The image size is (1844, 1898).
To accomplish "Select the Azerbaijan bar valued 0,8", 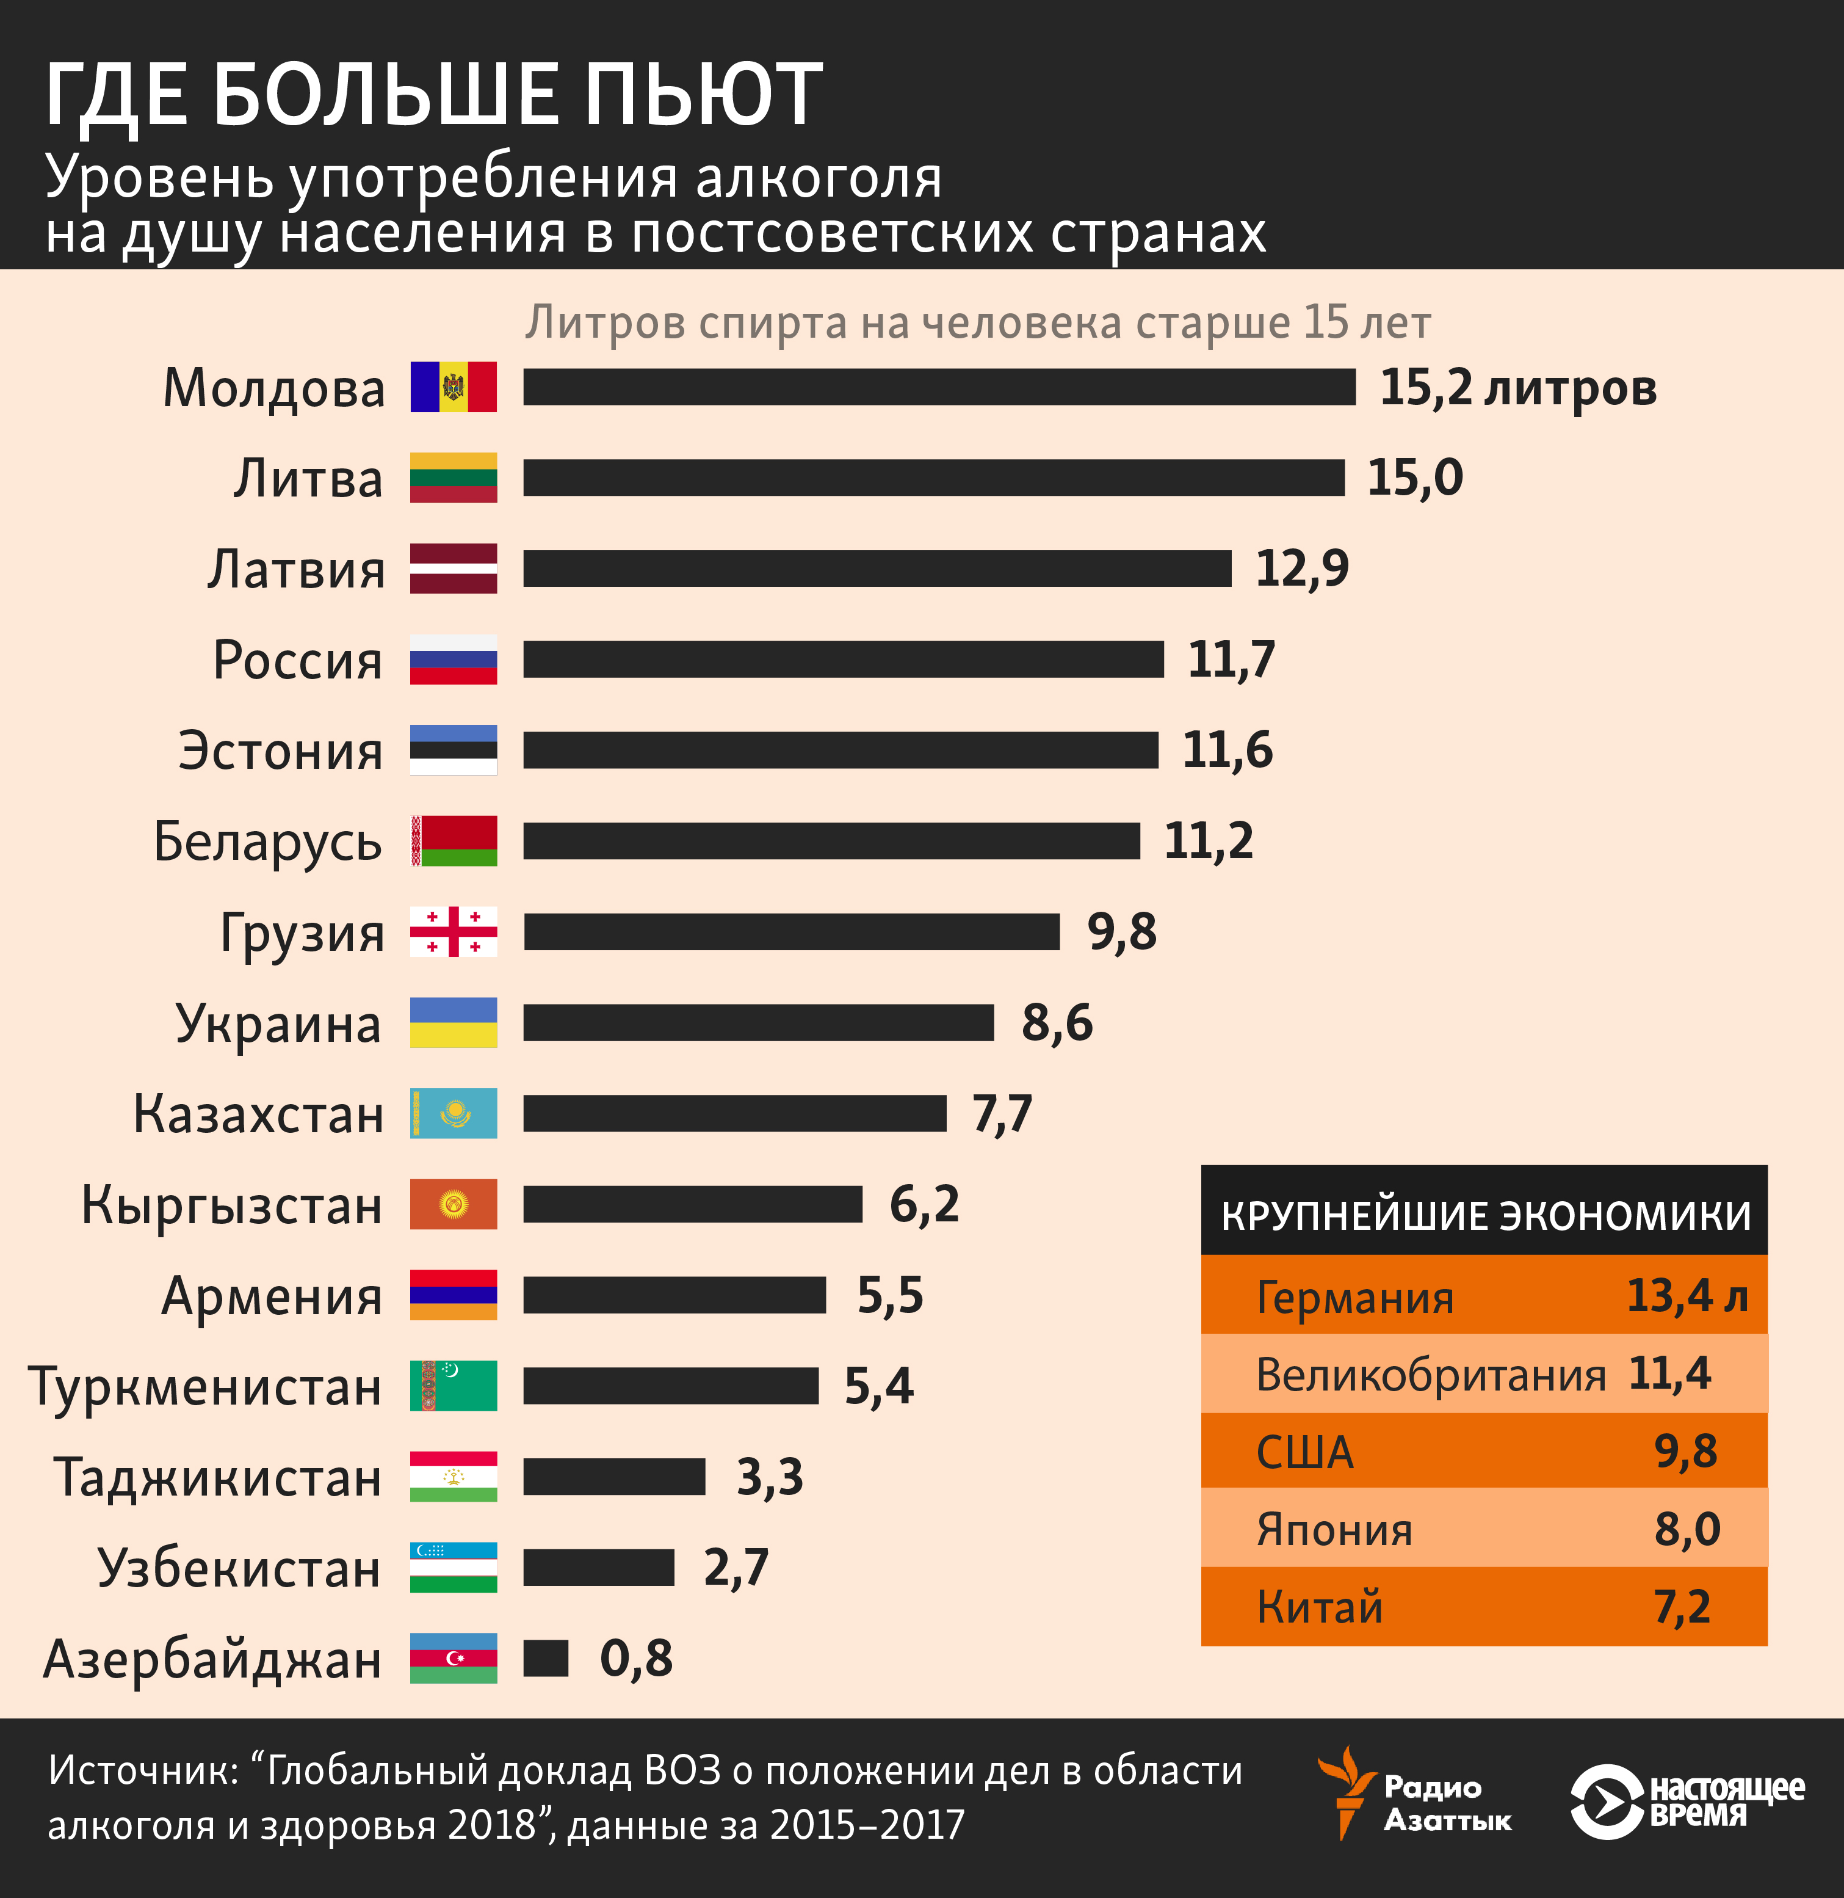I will [545, 1658].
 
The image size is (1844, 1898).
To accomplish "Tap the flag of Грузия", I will [454, 932].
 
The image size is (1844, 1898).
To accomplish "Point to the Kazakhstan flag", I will [454, 1113].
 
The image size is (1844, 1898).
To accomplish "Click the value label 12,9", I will [1301, 569].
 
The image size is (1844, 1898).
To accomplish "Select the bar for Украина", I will [758, 1023].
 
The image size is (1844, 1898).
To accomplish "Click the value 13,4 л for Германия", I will [1686, 1295].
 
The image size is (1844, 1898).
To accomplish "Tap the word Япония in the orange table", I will [1334, 1530].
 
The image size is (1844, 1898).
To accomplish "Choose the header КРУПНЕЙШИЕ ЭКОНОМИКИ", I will [1484, 1215].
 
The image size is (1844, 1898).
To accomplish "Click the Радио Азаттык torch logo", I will [1344, 1792].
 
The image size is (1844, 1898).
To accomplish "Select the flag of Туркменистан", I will [454, 1386].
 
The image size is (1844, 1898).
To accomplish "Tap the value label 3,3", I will [769, 1477].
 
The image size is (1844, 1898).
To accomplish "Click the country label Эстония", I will [281, 751].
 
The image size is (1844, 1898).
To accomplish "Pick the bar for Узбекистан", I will [599, 1568].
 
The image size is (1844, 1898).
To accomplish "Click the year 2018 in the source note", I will [492, 1825].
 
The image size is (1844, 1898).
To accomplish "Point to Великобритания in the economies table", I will [1430, 1375].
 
